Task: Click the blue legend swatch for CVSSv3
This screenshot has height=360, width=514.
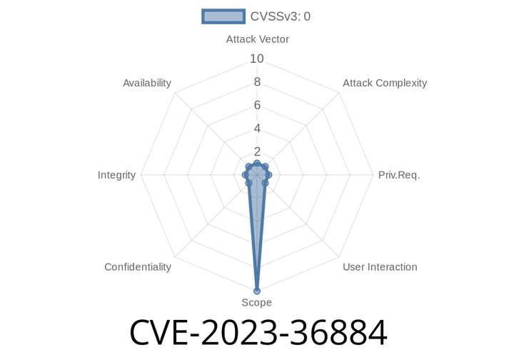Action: coord(223,16)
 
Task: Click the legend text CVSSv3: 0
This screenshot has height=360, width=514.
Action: coord(281,16)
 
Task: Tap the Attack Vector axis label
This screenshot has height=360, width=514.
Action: coord(257,39)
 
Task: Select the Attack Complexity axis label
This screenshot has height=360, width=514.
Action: coord(385,83)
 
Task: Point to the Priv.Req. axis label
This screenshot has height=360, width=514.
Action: coord(399,175)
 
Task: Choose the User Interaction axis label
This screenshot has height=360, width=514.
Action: coord(380,267)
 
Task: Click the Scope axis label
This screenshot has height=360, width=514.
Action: coord(257,302)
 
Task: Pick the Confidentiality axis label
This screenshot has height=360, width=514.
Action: coord(138,267)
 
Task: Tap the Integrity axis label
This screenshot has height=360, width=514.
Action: coord(116,175)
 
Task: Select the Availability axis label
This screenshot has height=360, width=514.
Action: coord(147,83)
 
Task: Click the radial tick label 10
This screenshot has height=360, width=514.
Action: coord(257,59)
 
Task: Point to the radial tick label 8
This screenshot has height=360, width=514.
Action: coord(257,82)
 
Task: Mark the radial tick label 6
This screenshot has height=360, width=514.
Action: coord(257,105)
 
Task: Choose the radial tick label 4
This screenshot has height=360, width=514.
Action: coord(257,129)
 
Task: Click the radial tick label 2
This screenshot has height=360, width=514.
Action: coord(257,152)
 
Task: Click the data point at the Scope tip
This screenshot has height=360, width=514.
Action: coord(257,291)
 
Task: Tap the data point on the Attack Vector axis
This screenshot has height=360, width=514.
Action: coord(257,164)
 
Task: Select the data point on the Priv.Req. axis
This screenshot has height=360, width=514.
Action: coord(268,175)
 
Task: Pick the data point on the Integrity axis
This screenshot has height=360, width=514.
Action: coord(245,175)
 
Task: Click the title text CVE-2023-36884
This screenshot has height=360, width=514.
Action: coord(258,333)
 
